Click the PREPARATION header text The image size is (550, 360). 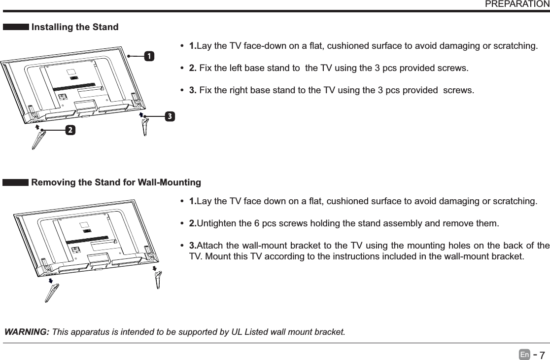tap(517, 4)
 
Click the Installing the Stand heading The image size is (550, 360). tap(75, 27)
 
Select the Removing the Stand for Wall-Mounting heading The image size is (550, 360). tap(116, 183)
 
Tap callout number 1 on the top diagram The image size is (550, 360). tap(147, 56)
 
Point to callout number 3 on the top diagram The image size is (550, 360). tap(169, 116)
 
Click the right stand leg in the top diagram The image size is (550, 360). tap(145, 127)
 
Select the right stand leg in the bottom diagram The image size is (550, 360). tap(158, 281)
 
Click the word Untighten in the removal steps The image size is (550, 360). tap(216, 224)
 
